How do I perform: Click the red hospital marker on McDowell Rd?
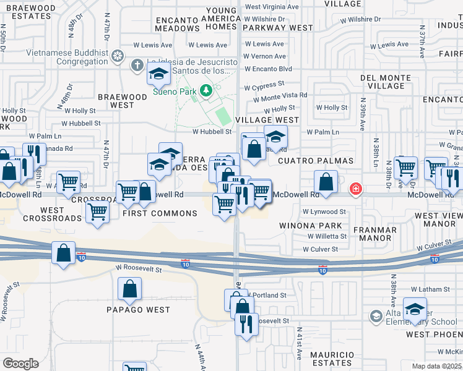point(356,188)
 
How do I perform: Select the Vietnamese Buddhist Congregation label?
point(54,58)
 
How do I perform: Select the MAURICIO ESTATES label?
point(332,359)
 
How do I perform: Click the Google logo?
point(20,364)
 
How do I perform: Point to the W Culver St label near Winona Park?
point(321,249)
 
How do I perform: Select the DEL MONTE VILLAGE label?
point(386,82)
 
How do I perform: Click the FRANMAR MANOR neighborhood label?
point(374,234)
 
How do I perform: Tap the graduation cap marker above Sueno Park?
point(158,74)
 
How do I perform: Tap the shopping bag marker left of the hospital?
point(325,182)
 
